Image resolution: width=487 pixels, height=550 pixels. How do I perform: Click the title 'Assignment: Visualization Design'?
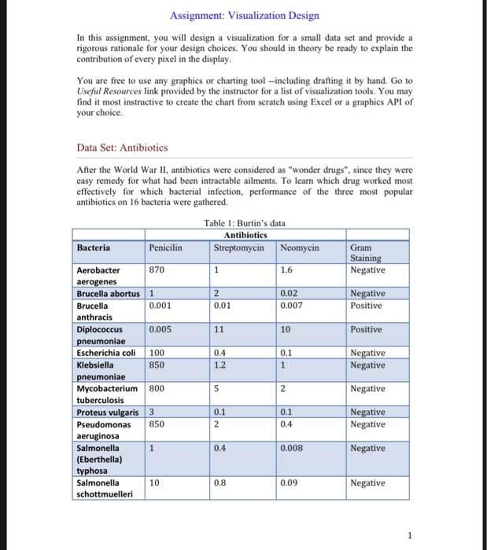tap(244, 16)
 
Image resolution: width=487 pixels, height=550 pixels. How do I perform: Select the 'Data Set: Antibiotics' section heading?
tap(122, 147)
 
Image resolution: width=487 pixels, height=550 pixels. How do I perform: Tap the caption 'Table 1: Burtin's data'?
tap(244, 223)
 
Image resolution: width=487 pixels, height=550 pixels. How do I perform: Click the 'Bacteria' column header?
tap(93, 247)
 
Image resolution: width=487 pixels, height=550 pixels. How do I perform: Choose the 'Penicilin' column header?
tap(165, 247)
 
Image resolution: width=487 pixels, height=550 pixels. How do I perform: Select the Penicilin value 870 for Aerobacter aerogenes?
tap(157, 270)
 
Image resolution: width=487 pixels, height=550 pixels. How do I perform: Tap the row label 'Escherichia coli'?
tap(107, 353)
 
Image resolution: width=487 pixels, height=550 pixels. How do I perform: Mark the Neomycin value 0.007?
tap(293, 305)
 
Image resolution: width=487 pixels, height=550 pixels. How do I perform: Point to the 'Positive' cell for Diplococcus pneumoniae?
tap(367, 329)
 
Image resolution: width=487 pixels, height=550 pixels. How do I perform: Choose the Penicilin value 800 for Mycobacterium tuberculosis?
tap(157, 388)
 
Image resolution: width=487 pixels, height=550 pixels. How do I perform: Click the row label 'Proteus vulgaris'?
tap(108, 412)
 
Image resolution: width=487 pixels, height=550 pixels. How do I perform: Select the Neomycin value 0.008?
tap(293, 448)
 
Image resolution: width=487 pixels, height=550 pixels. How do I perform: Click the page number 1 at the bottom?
tap(410, 537)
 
